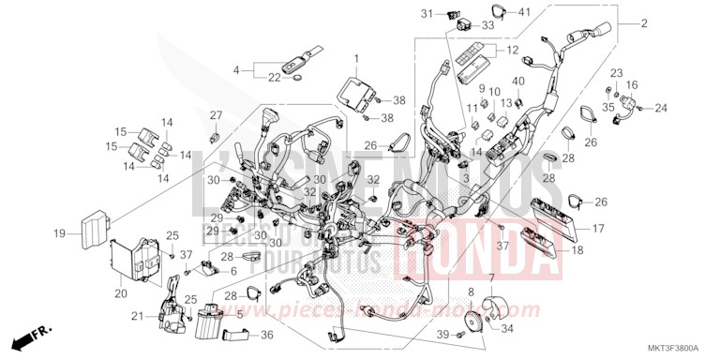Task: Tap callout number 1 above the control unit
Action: pos(355,59)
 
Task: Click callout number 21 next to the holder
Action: pos(138,317)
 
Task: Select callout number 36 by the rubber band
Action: pos(266,335)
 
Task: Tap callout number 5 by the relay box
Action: pos(239,316)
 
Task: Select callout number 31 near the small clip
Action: pos(452,13)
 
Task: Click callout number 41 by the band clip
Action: pos(524,11)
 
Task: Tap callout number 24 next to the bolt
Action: pos(660,108)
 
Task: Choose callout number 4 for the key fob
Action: pos(237,68)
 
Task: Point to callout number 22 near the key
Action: pos(275,78)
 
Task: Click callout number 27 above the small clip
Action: pos(215,115)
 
